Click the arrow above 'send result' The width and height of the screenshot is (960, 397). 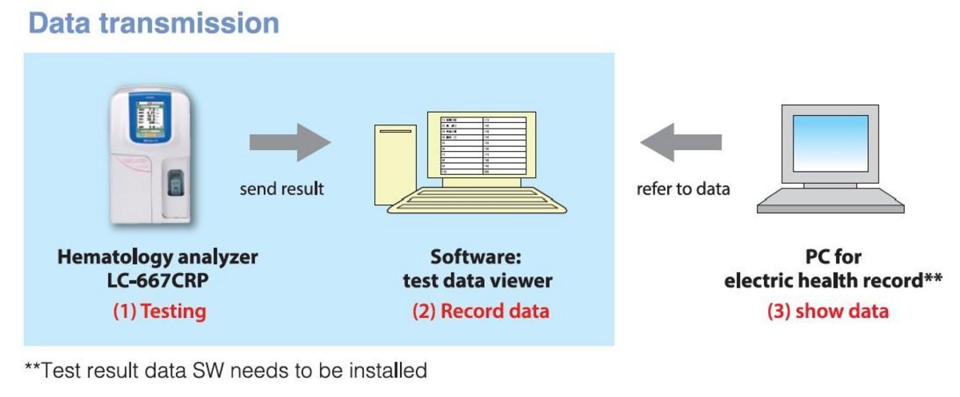(290, 142)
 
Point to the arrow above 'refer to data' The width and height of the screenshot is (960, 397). (680, 142)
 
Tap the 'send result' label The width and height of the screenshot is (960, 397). (282, 190)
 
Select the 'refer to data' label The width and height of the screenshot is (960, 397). (682, 190)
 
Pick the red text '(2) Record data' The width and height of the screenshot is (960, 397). (481, 311)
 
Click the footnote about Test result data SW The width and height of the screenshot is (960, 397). (226, 371)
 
